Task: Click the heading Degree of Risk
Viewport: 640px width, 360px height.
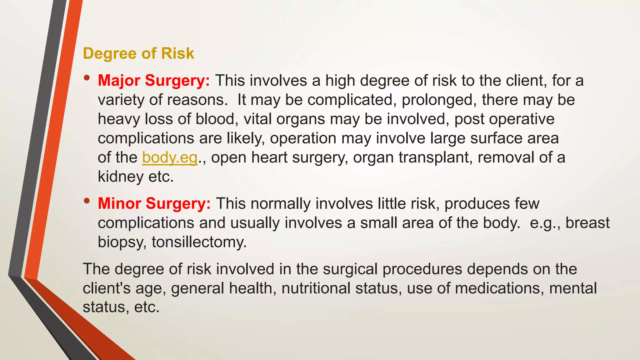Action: pyautogui.click(x=138, y=53)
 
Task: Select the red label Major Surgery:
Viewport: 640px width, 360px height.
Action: pyautogui.click(x=154, y=81)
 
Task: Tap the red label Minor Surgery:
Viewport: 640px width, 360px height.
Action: pyautogui.click(x=154, y=204)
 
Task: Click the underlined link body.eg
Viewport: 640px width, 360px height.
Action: pyautogui.click(x=170, y=157)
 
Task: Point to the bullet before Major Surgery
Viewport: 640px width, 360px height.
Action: pyautogui.click(x=87, y=78)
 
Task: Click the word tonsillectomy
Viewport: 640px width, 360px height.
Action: pyautogui.click(x=199, y=242)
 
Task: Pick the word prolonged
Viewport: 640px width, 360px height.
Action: pyautogui.click(x=439, y=100)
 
